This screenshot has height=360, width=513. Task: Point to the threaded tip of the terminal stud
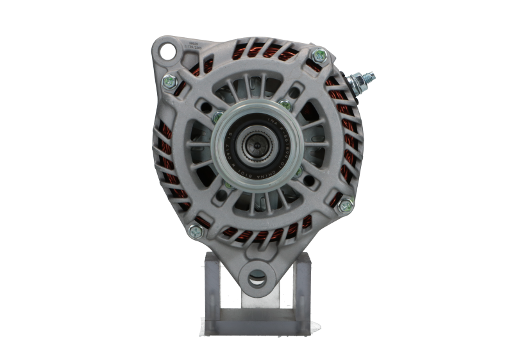(x=373, y=77)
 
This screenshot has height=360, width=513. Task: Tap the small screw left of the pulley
(x=219, y=117)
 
